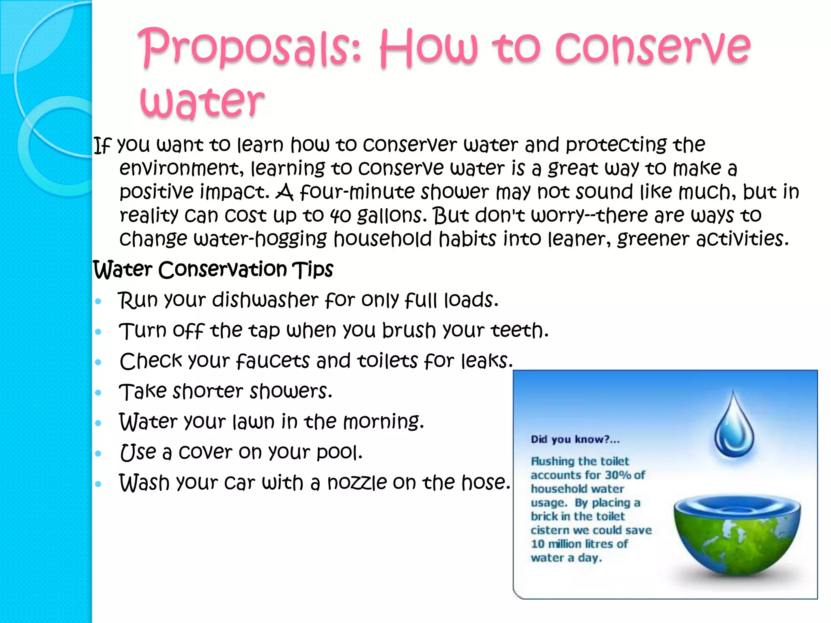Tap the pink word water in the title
[x=202, y=101]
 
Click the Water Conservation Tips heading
[x=213, y=269]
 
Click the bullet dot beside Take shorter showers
[x=98, y=393]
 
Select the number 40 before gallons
[x=340, y=215]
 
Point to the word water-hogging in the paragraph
[x=260, y=239]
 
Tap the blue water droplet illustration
[x=734, y=426]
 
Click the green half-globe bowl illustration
[x=736, y=535]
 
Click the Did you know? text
[x=575, y=439]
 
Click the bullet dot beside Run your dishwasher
[x=98, y=301]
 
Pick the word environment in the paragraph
[x=181, y=168]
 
